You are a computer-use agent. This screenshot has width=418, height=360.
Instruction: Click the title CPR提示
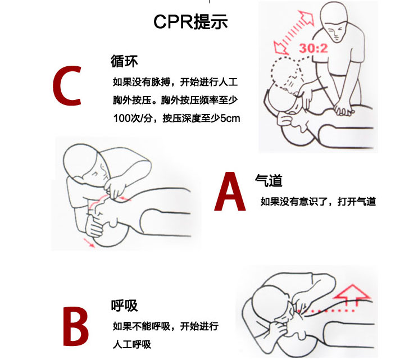pyautogui.click(x=190, y=21)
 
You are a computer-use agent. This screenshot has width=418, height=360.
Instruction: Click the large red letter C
pyautogui.click(x=67, y=85)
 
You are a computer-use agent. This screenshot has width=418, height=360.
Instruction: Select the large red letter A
pyautogui.click(x=230, y=192)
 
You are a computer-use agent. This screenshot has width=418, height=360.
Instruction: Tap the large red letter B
pyautogui.click(x=76, y=326)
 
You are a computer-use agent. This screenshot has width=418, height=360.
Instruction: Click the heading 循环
pyautogui.click(x=124, y=61)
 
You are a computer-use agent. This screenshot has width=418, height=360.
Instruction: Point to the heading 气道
pyautogui.click(x=269, y=180)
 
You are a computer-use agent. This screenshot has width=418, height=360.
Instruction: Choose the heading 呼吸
pyautogui.click(x=124, y=306)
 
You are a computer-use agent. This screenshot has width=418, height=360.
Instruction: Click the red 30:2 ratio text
pyautogui.click(x=313, y=48)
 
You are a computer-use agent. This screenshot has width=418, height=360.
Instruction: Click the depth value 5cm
pyautogui.click(x=230, y=118)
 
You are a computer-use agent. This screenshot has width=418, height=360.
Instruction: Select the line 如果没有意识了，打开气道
pyautogui.click(x=319, y=202)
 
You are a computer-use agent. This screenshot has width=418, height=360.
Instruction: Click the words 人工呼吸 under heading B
pyautogui.click(x=132, y=344)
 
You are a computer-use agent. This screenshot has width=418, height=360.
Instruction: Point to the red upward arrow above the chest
pyautogui.click(x=353, y=295)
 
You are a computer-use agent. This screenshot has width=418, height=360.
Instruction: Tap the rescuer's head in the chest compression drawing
pyautogui.click(x=334, y=22)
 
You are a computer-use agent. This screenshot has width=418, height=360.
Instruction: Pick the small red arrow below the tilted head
pyautogui.click(x=89, y=243)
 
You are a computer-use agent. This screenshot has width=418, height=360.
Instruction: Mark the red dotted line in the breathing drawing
pyautogui.click(x=326, y=311)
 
